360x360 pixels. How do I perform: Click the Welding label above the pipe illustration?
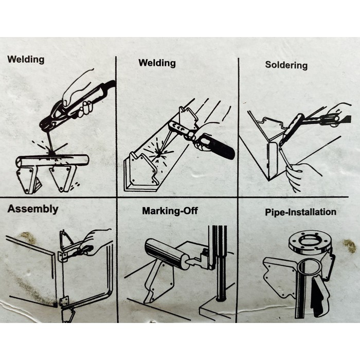(26, 59)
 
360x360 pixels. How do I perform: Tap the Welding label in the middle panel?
(157, 63)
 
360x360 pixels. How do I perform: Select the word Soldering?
(286, 65)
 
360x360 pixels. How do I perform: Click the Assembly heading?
(33, 209)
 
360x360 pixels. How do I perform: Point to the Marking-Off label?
(170, 211)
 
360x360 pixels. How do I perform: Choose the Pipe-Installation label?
(300, 212)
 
